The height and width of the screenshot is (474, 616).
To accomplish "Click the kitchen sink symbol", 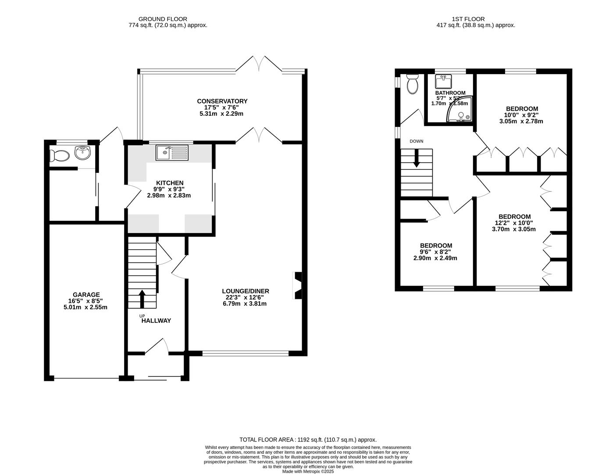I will click(172, 153).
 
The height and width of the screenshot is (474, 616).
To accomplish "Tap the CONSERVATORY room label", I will click(222, 101).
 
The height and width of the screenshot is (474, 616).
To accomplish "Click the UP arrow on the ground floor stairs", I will click(142, 299).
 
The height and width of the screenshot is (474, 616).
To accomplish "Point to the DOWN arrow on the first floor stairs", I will click(416, 158).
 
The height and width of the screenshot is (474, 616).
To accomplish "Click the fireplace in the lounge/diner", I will click(298, 286).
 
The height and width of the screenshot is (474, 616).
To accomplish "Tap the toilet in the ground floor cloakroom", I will click(59, 155).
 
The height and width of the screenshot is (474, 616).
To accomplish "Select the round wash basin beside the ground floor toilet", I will click(83, 153).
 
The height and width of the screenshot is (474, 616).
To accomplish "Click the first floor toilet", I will click(413, 84).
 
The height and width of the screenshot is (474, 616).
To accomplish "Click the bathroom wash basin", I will click(443, 82).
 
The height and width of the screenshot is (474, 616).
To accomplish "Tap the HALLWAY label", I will click(156, 321).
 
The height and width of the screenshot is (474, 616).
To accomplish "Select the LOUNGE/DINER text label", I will click(245, 291).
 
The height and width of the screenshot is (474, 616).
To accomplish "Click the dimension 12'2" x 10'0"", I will click(514, 223).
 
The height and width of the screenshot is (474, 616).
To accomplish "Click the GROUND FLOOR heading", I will click(163, 19).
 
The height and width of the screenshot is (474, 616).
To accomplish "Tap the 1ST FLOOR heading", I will click(468, 19).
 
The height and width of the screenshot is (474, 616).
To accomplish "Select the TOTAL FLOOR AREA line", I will click(308, 439).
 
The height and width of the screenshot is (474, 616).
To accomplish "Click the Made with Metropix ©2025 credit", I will click(308, 471).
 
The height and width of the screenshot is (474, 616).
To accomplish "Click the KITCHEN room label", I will click(170, 183).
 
